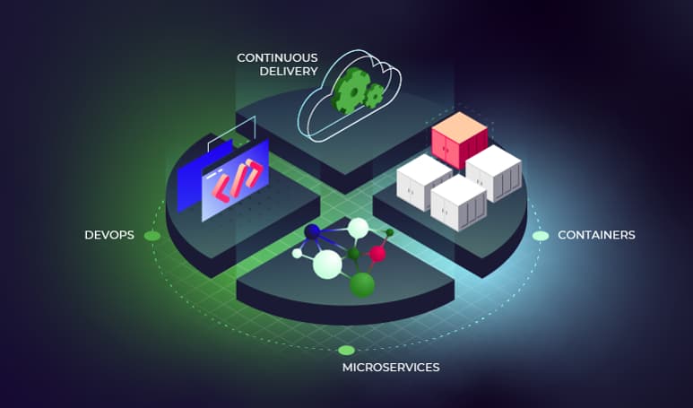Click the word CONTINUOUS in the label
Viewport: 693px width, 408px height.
(x=277, y=58)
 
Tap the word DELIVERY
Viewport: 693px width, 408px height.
(x=289, y=71)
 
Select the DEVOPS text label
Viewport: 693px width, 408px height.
(x=109, y=235)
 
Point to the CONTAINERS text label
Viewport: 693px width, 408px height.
(x=596, y=235)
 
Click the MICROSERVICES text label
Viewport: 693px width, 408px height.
(x=391, y=368)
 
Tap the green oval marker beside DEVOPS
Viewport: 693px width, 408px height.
(x=152, y=236)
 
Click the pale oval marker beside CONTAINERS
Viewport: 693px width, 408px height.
(x=540, y=236)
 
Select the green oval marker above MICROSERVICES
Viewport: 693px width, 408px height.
(x=346, y=350)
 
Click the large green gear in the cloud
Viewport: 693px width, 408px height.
(x=351, y=91)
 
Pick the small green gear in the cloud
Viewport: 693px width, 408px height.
(x=374, y=95)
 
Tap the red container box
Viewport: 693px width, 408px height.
(x=459, y=140)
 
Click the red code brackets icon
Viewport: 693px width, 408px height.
(x=239, y=179)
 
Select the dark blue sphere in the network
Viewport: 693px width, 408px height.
(x=312, y=231)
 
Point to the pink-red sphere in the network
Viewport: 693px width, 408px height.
(x=377, y=253)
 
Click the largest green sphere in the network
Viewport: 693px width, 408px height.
(x=362, y=284)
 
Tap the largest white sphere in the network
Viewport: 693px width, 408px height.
(x=327, y=265)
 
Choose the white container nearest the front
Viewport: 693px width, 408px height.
(x=458, y=204)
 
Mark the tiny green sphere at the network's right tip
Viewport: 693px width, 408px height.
(x=389, y=232)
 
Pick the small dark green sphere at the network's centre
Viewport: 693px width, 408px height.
(x=353, y=254)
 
